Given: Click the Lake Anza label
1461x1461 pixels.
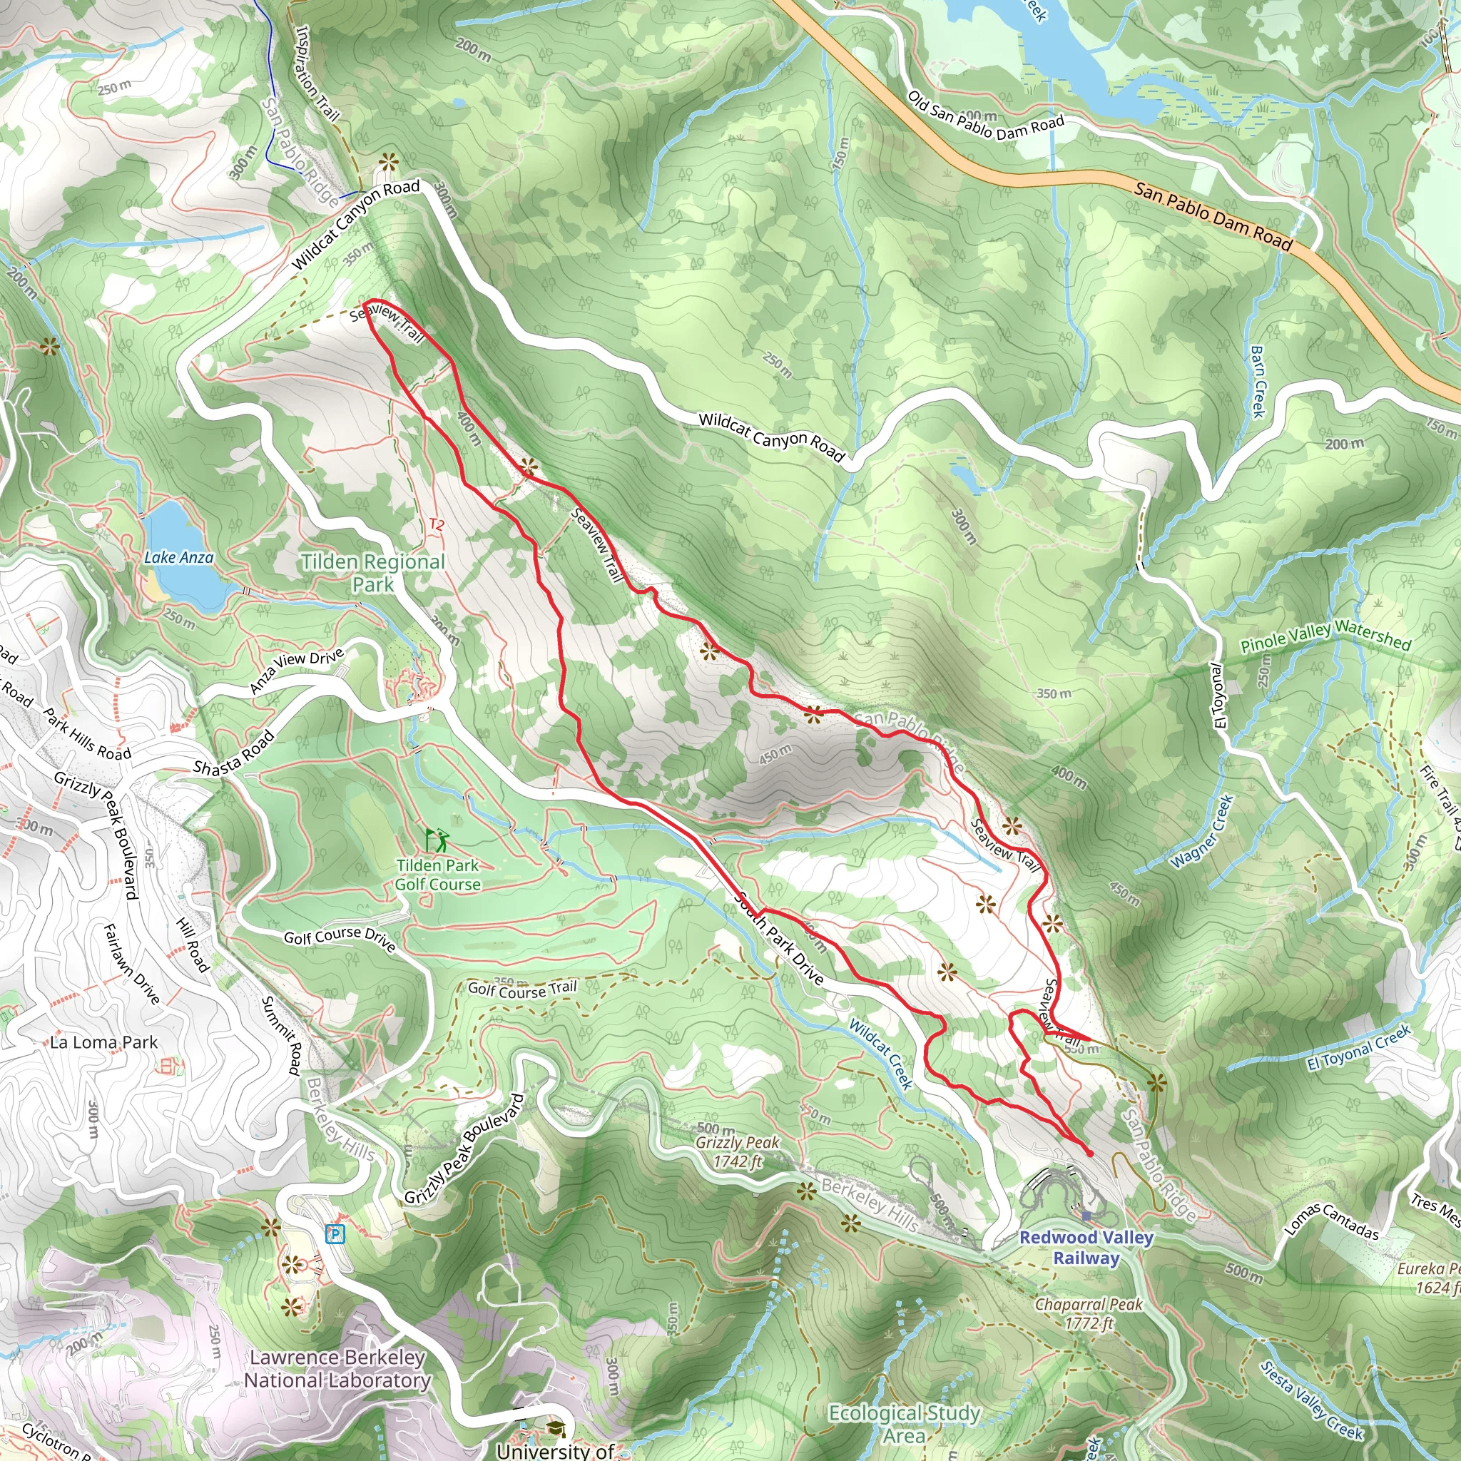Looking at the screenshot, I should (x=178, y=557).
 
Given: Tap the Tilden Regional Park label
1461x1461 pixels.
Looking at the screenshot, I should (x=373, y=572).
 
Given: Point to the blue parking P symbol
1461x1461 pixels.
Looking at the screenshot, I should (x=335, y=1235).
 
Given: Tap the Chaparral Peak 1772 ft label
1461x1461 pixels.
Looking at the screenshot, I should (x=1089, y=1313).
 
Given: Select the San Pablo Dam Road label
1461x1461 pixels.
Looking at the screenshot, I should (x=1212, y=216).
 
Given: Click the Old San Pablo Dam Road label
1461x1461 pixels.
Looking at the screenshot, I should (x=984, y=116).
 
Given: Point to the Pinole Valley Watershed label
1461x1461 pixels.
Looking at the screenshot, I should (x=1325, y=635).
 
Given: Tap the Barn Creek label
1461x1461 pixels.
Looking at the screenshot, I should (x=1257, y=381).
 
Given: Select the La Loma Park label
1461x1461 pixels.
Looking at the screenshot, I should (x=103, y=1042).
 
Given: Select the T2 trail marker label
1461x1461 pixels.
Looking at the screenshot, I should (x=437, y=524).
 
